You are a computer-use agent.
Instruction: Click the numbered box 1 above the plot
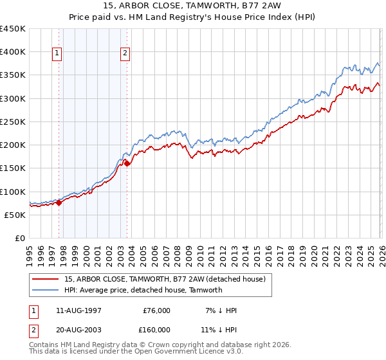click(x=58, y=54)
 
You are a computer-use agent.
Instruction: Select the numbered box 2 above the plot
click(x=125, y=54)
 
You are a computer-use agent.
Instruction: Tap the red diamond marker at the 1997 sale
click(x=59, y=203)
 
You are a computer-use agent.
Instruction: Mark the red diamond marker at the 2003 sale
click(x=127, y=163)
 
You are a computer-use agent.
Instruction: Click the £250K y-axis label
click(x=13, y=122)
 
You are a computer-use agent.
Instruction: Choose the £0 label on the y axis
click(x=19, y=238)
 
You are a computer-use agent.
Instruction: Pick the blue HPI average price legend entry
click(x=143, y=290)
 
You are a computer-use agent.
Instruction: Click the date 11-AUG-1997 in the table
click(x=78, y=310)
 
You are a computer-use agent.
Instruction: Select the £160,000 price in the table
click(x=156, y=330)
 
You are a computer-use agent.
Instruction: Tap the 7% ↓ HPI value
click(x=221, y=310)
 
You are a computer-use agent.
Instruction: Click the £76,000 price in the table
click(x=156, y=310)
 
